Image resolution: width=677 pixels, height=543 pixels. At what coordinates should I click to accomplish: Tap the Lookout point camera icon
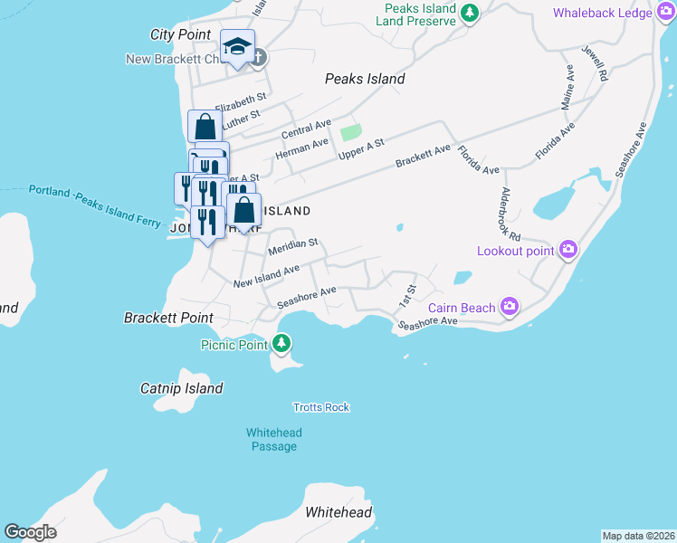pos(568,249)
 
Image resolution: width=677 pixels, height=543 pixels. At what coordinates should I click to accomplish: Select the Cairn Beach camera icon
pos(510,308)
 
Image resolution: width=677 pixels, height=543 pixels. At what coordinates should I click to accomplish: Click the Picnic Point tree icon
pos(282,344)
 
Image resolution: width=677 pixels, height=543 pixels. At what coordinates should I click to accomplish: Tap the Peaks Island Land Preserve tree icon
pos(469,13)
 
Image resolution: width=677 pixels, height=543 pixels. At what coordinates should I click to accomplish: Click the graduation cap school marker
pos(237,46)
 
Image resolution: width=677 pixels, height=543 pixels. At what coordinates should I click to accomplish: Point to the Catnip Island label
pos(181,388)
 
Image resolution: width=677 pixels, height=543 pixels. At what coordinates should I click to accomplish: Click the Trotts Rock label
pos(321,407)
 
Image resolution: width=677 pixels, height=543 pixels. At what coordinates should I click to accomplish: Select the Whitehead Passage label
pos(274,439)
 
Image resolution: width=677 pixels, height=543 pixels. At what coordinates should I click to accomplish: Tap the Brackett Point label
pos(168,318)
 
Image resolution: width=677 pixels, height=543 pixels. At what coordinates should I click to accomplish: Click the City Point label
pos(180,34)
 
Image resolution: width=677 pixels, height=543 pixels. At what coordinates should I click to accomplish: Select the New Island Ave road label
pos(266,276)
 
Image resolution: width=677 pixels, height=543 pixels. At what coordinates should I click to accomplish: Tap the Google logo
pos(30,532)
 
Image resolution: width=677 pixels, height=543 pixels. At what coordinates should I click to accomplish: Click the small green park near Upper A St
pos(350,133)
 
